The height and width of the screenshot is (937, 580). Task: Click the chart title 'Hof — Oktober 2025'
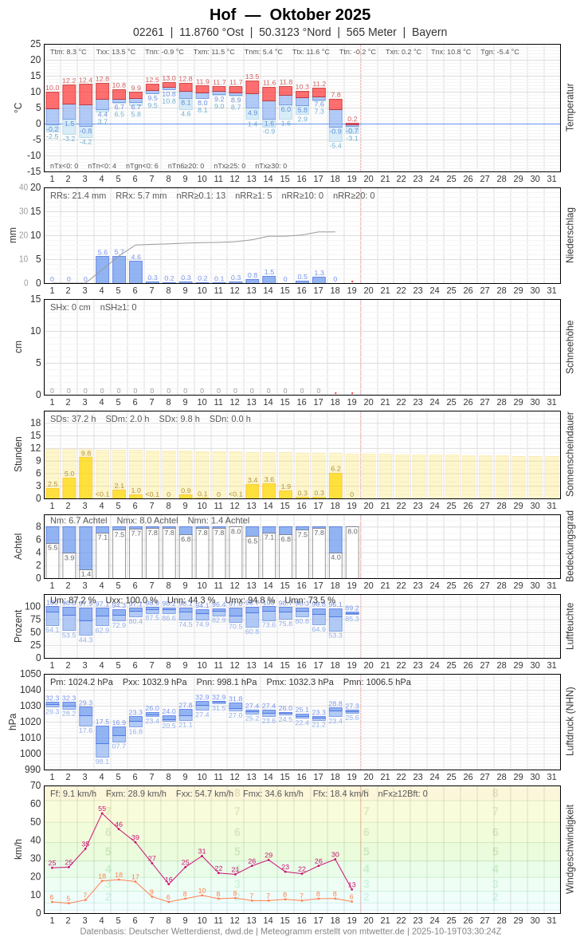[x=290, y=14]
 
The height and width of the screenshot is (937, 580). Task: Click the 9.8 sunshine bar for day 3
[x=85, y=478]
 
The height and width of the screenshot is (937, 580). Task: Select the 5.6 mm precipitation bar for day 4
[x=102, y=270]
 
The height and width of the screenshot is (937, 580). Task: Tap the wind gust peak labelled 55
[x=102, y=813]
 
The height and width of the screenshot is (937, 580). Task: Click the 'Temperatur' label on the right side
[x=570, y=108]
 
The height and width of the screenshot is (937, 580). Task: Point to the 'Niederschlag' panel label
[x=570, y=235]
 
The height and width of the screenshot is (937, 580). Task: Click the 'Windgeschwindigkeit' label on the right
[x=570, y=848]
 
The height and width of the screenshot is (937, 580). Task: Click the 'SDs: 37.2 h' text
[x=72, y=419]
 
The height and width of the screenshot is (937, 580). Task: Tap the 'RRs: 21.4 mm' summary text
[x=78, y=195]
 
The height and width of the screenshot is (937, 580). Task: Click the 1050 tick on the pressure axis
[x=30, y=674]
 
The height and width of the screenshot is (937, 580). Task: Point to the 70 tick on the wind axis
[x=35, y=785]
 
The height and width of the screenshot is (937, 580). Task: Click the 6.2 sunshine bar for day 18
[x=335, y=486]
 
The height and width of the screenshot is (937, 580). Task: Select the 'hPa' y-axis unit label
[x=12, y=722]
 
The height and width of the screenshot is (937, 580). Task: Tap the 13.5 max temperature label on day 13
[x=252, y=77]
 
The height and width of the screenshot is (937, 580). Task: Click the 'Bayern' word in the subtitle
[x=429, y=32]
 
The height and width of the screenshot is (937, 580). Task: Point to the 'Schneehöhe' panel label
[x=570, y=347]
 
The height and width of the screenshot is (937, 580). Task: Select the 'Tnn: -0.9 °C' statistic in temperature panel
[x=164, y=52]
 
